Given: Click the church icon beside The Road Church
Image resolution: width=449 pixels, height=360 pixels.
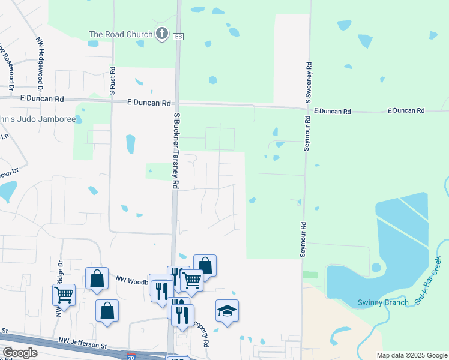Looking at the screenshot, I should click(x=162, y=34).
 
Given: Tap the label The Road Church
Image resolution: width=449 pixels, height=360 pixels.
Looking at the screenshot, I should click(x=121, y=34).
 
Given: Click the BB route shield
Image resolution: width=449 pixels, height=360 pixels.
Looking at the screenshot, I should click(x=178, y=37).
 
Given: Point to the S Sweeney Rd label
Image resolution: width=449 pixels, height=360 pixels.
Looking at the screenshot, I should click(x=308, y=81).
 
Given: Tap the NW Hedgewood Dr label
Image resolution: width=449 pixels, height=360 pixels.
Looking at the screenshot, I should click(x=40, y=61).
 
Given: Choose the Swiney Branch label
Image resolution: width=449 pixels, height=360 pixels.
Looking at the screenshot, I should click(x=383, y=302).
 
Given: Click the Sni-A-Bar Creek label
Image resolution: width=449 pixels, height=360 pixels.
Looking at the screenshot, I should click(x=428, y=280).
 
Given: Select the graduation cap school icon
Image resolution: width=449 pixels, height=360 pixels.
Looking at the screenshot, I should click(x=228, y=311).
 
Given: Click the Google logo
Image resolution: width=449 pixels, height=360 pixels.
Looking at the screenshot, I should click(x=20, y=353).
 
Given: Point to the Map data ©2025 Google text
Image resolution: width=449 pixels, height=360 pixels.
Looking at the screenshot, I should click(x=411, y=355).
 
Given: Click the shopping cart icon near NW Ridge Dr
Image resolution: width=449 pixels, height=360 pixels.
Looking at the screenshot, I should click(x=64, y=295).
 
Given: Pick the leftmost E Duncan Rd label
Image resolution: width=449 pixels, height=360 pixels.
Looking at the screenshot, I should click(x=41, y=98).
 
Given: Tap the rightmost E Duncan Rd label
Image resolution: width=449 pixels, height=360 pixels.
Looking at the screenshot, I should click(x=406, y=110).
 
